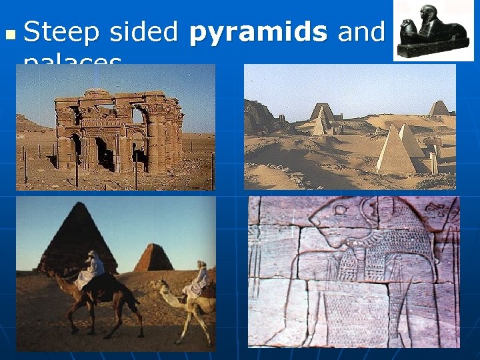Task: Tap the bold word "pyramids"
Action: pyautogui.click(x=259, y=32)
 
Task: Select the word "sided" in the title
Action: pyautogui.click(x=145, y=32)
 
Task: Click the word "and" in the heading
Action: pyautogui.click(x=362, y=32)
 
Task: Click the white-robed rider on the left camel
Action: pyautogui.click(x=91, y=269)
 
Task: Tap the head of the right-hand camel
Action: pyautogui.click(x=160, y=287)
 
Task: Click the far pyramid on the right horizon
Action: pyautogui.click(x=438, y=109)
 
